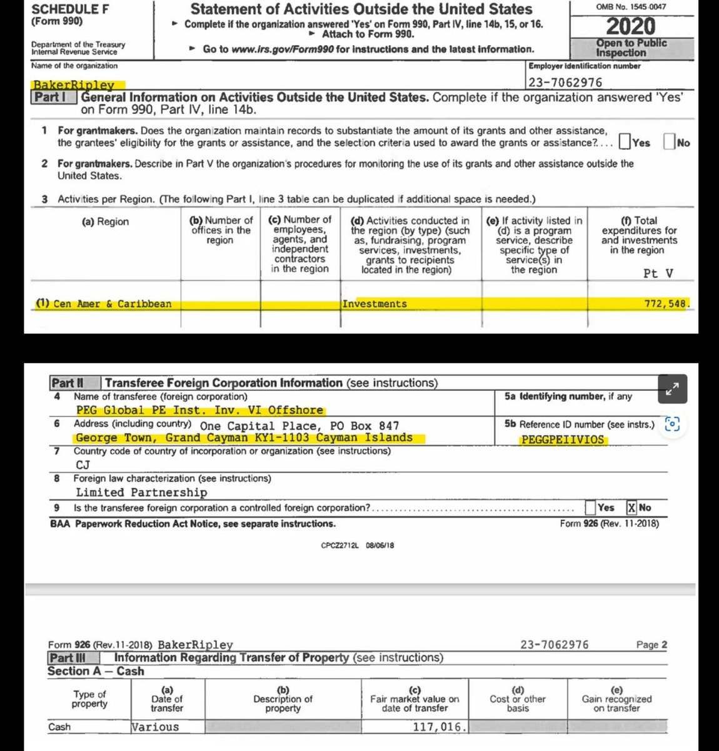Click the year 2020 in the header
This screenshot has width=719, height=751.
[x=631, y=26]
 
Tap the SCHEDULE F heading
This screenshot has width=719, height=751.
[x=64, y=9]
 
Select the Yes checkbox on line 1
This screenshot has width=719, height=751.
[x=625, y=142]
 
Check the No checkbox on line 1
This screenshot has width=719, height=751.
[x=668, y=142]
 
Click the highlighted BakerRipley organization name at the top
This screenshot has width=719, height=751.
[x=74, y=84]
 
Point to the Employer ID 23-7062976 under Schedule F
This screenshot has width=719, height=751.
[x=565, y=82]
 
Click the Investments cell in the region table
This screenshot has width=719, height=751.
[x=375, y=304]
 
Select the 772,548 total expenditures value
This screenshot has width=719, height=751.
[x=665, y=304]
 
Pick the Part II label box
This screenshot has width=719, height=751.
[x=68, y=383]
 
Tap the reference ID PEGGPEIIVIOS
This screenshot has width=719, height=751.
[x=563, y=439]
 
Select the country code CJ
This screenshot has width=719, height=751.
[x=83, y=464]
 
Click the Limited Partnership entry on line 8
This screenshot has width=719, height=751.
[x=141, y=493]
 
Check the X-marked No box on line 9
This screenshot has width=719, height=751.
[x=631, y=508]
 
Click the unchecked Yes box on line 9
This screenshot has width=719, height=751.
[x=590, y=508]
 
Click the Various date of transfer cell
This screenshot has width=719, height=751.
[x=155, y=727]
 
